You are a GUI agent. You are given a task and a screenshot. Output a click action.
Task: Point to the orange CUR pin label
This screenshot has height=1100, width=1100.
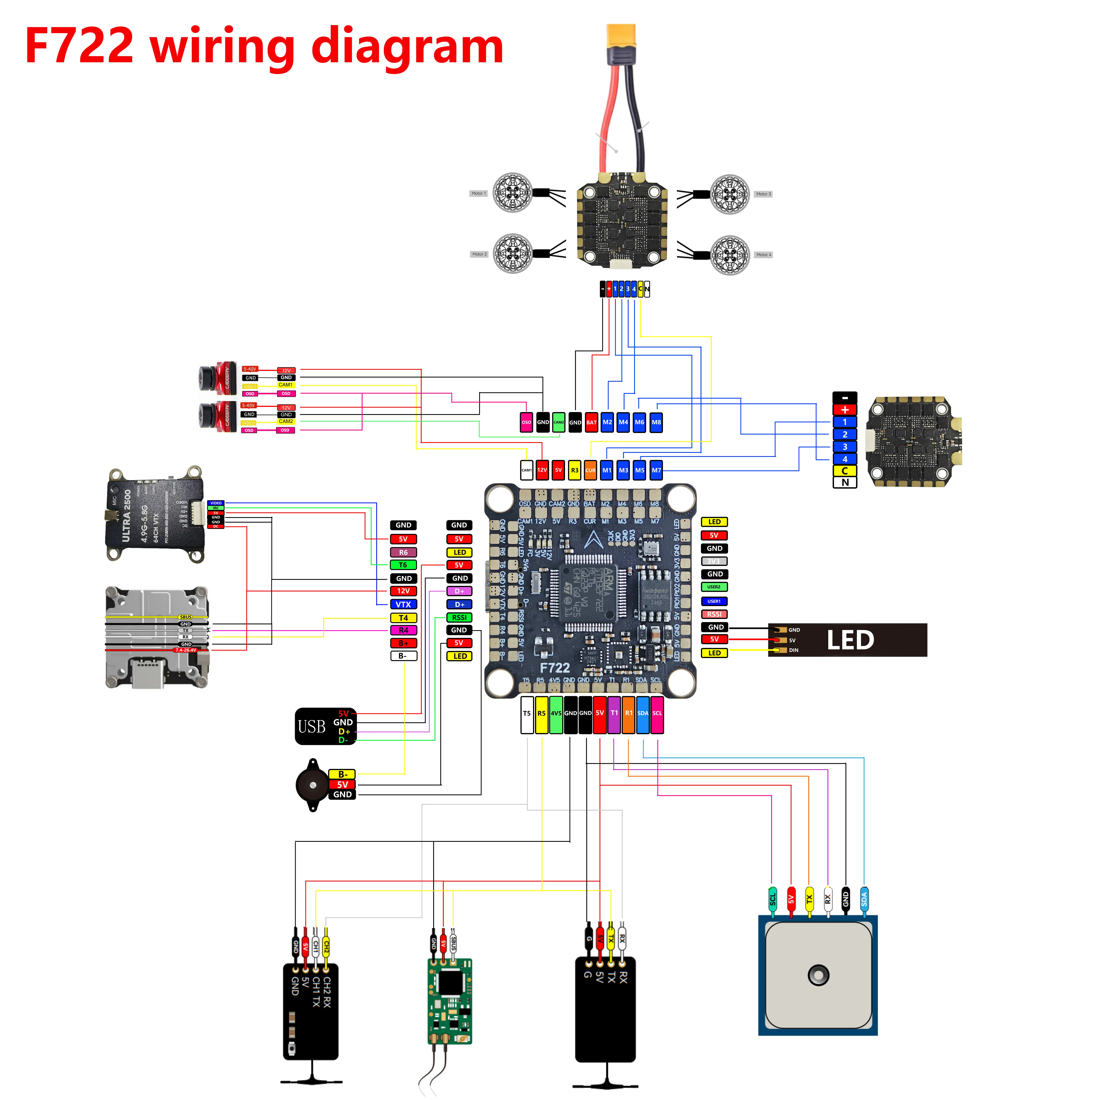[x=590, y=470]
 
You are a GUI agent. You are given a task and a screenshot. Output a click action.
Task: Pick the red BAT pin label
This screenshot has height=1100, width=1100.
[x=592, y=422]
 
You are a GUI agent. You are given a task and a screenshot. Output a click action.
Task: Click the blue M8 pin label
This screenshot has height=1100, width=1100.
[x=656, y=422]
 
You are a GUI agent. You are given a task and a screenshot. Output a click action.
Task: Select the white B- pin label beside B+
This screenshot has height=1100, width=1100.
[x=403, y=656]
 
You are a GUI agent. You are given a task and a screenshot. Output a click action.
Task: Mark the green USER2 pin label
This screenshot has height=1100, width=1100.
[x=714, y=587]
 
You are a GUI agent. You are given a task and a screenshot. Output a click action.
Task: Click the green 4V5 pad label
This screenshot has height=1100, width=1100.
[x=556, y=713]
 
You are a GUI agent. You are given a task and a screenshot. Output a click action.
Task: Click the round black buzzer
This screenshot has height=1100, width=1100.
[x=313, y=785]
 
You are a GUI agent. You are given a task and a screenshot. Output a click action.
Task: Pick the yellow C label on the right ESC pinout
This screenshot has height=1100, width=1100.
[x=845, y=471]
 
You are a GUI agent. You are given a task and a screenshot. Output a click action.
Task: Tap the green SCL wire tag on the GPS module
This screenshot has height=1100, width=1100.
[x=773, y=900]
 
